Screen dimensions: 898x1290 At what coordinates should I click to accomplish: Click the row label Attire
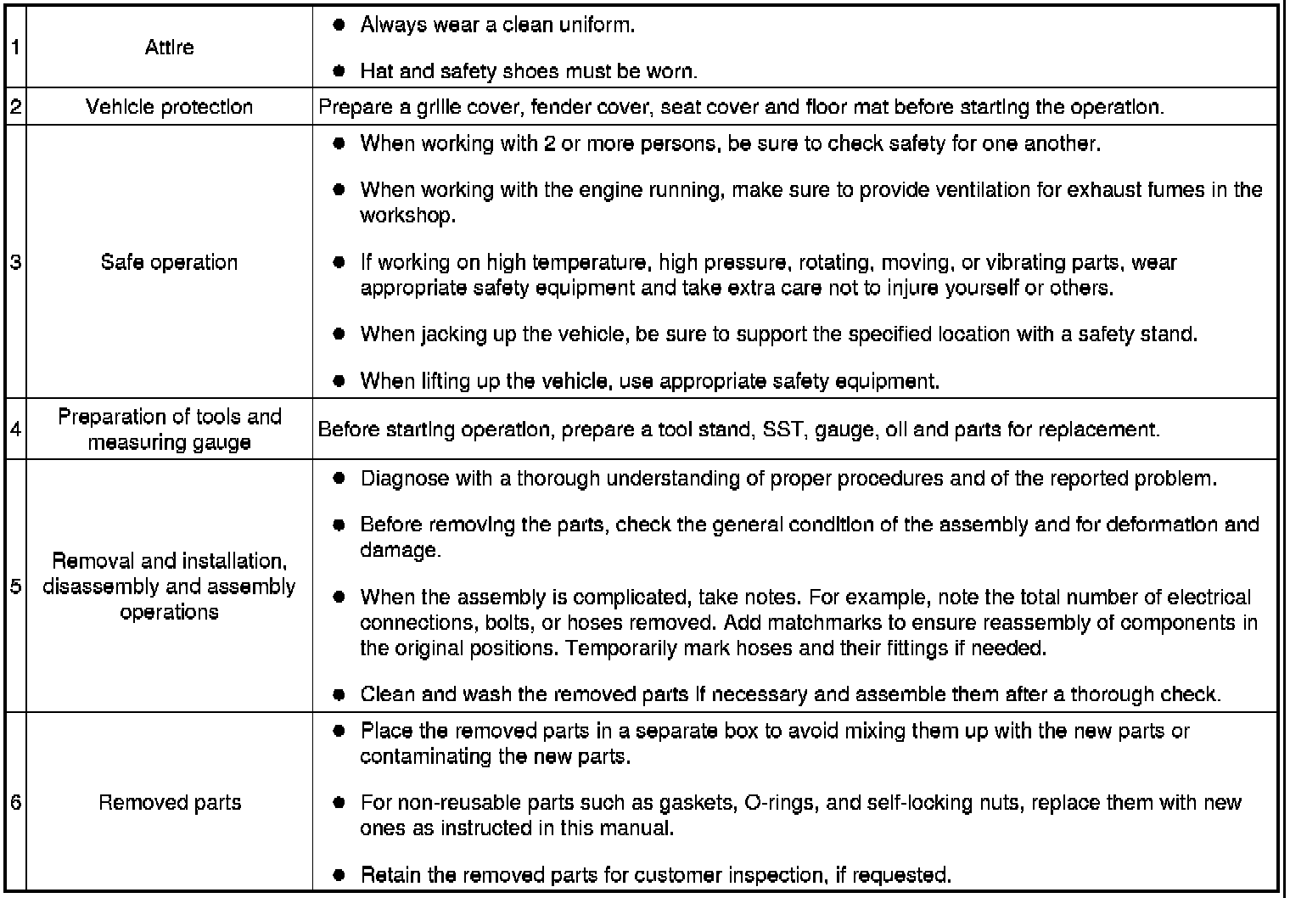(x=169, y=48)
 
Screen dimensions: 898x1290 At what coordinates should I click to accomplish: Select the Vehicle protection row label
(x=169, y=107)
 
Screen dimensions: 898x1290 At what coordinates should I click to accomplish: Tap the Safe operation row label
(x=169, y=262)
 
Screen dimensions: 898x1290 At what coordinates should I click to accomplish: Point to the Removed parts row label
(x=170, y=803)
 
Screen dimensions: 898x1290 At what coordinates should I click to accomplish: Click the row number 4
(x=16, y=429)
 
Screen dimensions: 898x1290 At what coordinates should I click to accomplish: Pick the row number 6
(x=16, y=803)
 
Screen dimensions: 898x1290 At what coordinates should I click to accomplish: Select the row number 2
(x=16, y=107)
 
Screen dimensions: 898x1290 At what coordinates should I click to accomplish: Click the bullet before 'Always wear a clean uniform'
(x=339, y=25)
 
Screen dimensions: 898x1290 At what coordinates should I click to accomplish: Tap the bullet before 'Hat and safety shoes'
(x=339, y=71)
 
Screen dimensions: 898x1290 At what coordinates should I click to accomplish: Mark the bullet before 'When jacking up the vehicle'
(x=339, y=334)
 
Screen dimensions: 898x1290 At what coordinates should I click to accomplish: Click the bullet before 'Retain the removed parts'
(x=339, y=875)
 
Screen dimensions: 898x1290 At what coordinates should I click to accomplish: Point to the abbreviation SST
(x=782, y=429)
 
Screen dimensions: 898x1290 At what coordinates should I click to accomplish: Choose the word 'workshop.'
(x=407, y=216)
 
